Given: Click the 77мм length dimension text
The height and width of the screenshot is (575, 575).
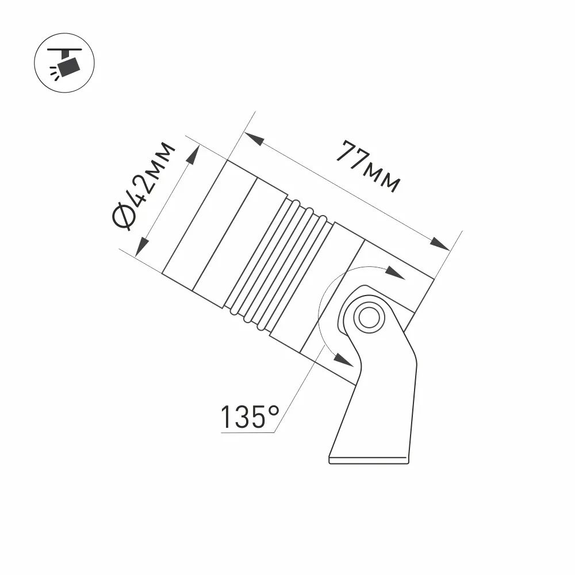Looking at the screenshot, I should click(368, 166).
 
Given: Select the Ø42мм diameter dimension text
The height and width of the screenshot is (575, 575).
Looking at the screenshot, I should click(144, 185).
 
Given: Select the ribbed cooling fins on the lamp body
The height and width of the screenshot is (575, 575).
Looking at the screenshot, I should click(279, 264).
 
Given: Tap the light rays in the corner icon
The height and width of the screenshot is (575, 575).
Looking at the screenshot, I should click(55, 72).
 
